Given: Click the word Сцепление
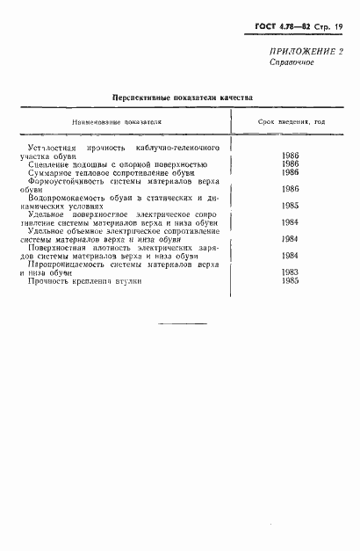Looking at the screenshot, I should [49, 164].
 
